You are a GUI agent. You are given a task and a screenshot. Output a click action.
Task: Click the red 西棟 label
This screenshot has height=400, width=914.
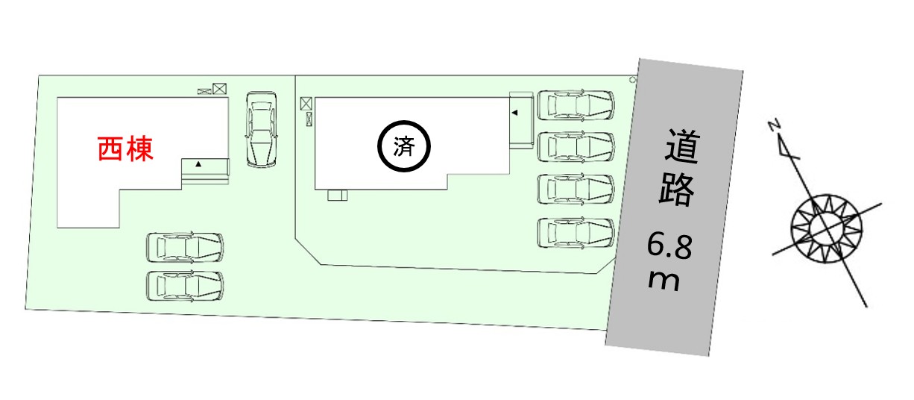[x=125, y=149]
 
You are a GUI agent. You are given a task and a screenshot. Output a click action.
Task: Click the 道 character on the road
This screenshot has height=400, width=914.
[x=682, y=147]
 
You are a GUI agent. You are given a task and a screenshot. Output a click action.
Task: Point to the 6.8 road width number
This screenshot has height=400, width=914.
[x=669, y=247]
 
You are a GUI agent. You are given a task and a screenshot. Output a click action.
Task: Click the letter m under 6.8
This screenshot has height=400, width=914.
[x=664, y=281]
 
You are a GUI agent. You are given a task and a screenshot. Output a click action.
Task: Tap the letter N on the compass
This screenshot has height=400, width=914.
[x=774, y=125]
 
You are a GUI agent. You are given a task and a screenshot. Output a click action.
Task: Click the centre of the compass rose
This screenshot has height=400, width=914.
[x=827, y=229]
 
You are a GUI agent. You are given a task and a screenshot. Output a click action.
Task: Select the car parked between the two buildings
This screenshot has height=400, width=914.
[x=262, y=129]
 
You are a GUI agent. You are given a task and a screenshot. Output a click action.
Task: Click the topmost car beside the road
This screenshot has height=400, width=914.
[x=576, y=105]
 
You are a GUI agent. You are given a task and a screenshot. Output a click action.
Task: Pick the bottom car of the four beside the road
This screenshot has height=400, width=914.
[x=576, y=233]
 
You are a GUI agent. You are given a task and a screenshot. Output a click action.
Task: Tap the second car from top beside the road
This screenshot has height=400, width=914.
[x=576, y=146]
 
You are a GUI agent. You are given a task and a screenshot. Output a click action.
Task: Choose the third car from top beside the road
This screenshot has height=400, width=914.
[x=576, y=189]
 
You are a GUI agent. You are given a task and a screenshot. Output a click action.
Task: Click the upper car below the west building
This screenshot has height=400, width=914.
[x=185, y=247]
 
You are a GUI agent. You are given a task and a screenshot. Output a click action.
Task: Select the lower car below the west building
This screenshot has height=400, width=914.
[x=185, y=286]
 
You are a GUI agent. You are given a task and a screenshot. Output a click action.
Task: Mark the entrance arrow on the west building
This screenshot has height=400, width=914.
[x=198, y=164]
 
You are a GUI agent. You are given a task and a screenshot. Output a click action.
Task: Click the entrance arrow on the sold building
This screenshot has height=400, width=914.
[x=515, y=113]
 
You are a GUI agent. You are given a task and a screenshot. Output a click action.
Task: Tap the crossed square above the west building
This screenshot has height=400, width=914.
[x=219, y=89]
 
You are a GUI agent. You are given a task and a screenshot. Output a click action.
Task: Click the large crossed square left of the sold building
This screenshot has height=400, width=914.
[x=306, y=104]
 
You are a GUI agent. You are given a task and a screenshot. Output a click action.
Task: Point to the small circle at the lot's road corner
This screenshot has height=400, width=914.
[x=632, y=80]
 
